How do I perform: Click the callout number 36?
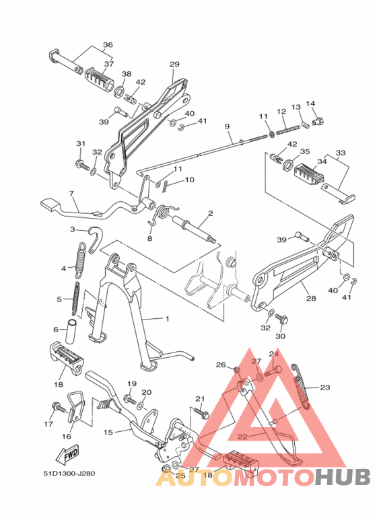point(108,45)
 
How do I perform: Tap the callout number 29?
point(174,65)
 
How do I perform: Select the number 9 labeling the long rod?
point(228,126)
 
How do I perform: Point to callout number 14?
point(310,104)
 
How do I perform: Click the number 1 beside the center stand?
point(168,318)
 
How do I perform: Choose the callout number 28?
point(311,299)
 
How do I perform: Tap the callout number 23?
point(325,387)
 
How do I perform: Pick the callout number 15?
point(108,433)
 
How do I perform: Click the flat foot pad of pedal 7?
point(50,202)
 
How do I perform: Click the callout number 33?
point(341,153)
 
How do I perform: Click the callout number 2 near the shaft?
point(210,213)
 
